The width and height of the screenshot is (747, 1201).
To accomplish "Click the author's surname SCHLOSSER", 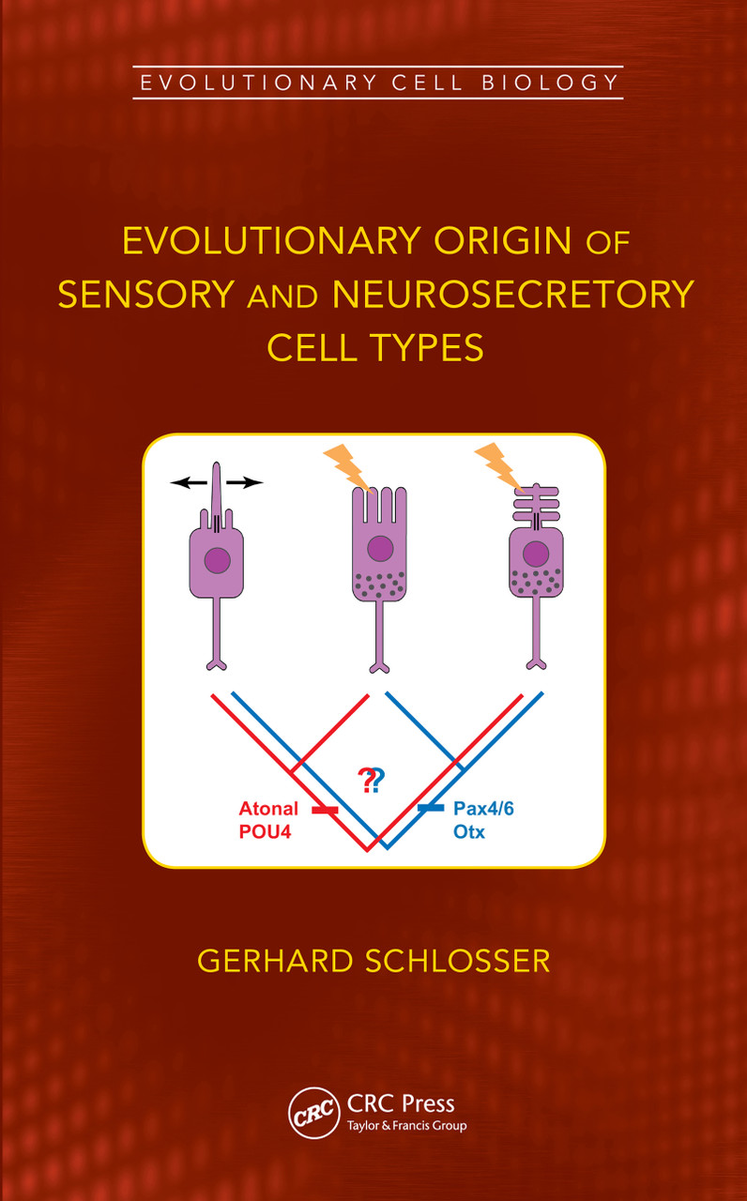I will click(451, 962).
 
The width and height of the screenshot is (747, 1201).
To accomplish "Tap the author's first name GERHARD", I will click(268, 962).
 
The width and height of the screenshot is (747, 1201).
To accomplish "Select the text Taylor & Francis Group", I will click(406, 1126).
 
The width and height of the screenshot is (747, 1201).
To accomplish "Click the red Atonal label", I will click(268, 809).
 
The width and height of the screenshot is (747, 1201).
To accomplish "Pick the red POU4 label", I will click(264, 831).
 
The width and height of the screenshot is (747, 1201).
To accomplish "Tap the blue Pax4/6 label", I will click(483, 809).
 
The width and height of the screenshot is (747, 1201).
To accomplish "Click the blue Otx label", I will click(469, 831).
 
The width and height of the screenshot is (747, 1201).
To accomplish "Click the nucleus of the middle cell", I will click(379, 549).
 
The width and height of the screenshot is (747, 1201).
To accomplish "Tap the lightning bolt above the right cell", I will click(497, 466).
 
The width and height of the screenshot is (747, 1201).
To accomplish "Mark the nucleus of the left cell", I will click(217, 559).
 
